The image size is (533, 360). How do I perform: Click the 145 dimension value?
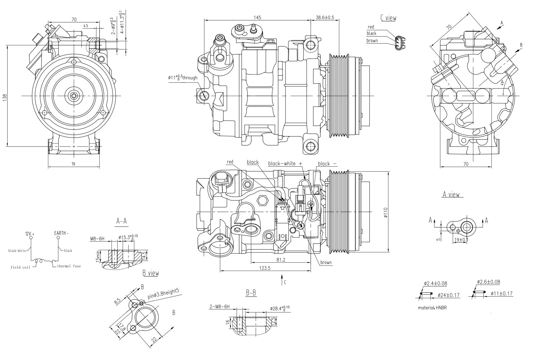257,17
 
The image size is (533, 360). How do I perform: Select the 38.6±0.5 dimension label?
325,17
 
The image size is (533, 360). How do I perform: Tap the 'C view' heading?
388,18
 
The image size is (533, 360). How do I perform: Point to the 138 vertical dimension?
4,96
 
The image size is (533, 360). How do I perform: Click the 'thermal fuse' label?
69,266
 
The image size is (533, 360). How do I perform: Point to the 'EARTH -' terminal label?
61,233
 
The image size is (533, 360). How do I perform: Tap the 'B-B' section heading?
251,293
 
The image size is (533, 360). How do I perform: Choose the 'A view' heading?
451,194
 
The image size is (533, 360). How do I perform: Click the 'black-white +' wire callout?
285,163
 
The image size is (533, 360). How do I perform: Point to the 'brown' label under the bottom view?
326,262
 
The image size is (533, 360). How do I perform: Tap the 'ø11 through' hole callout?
183,77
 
